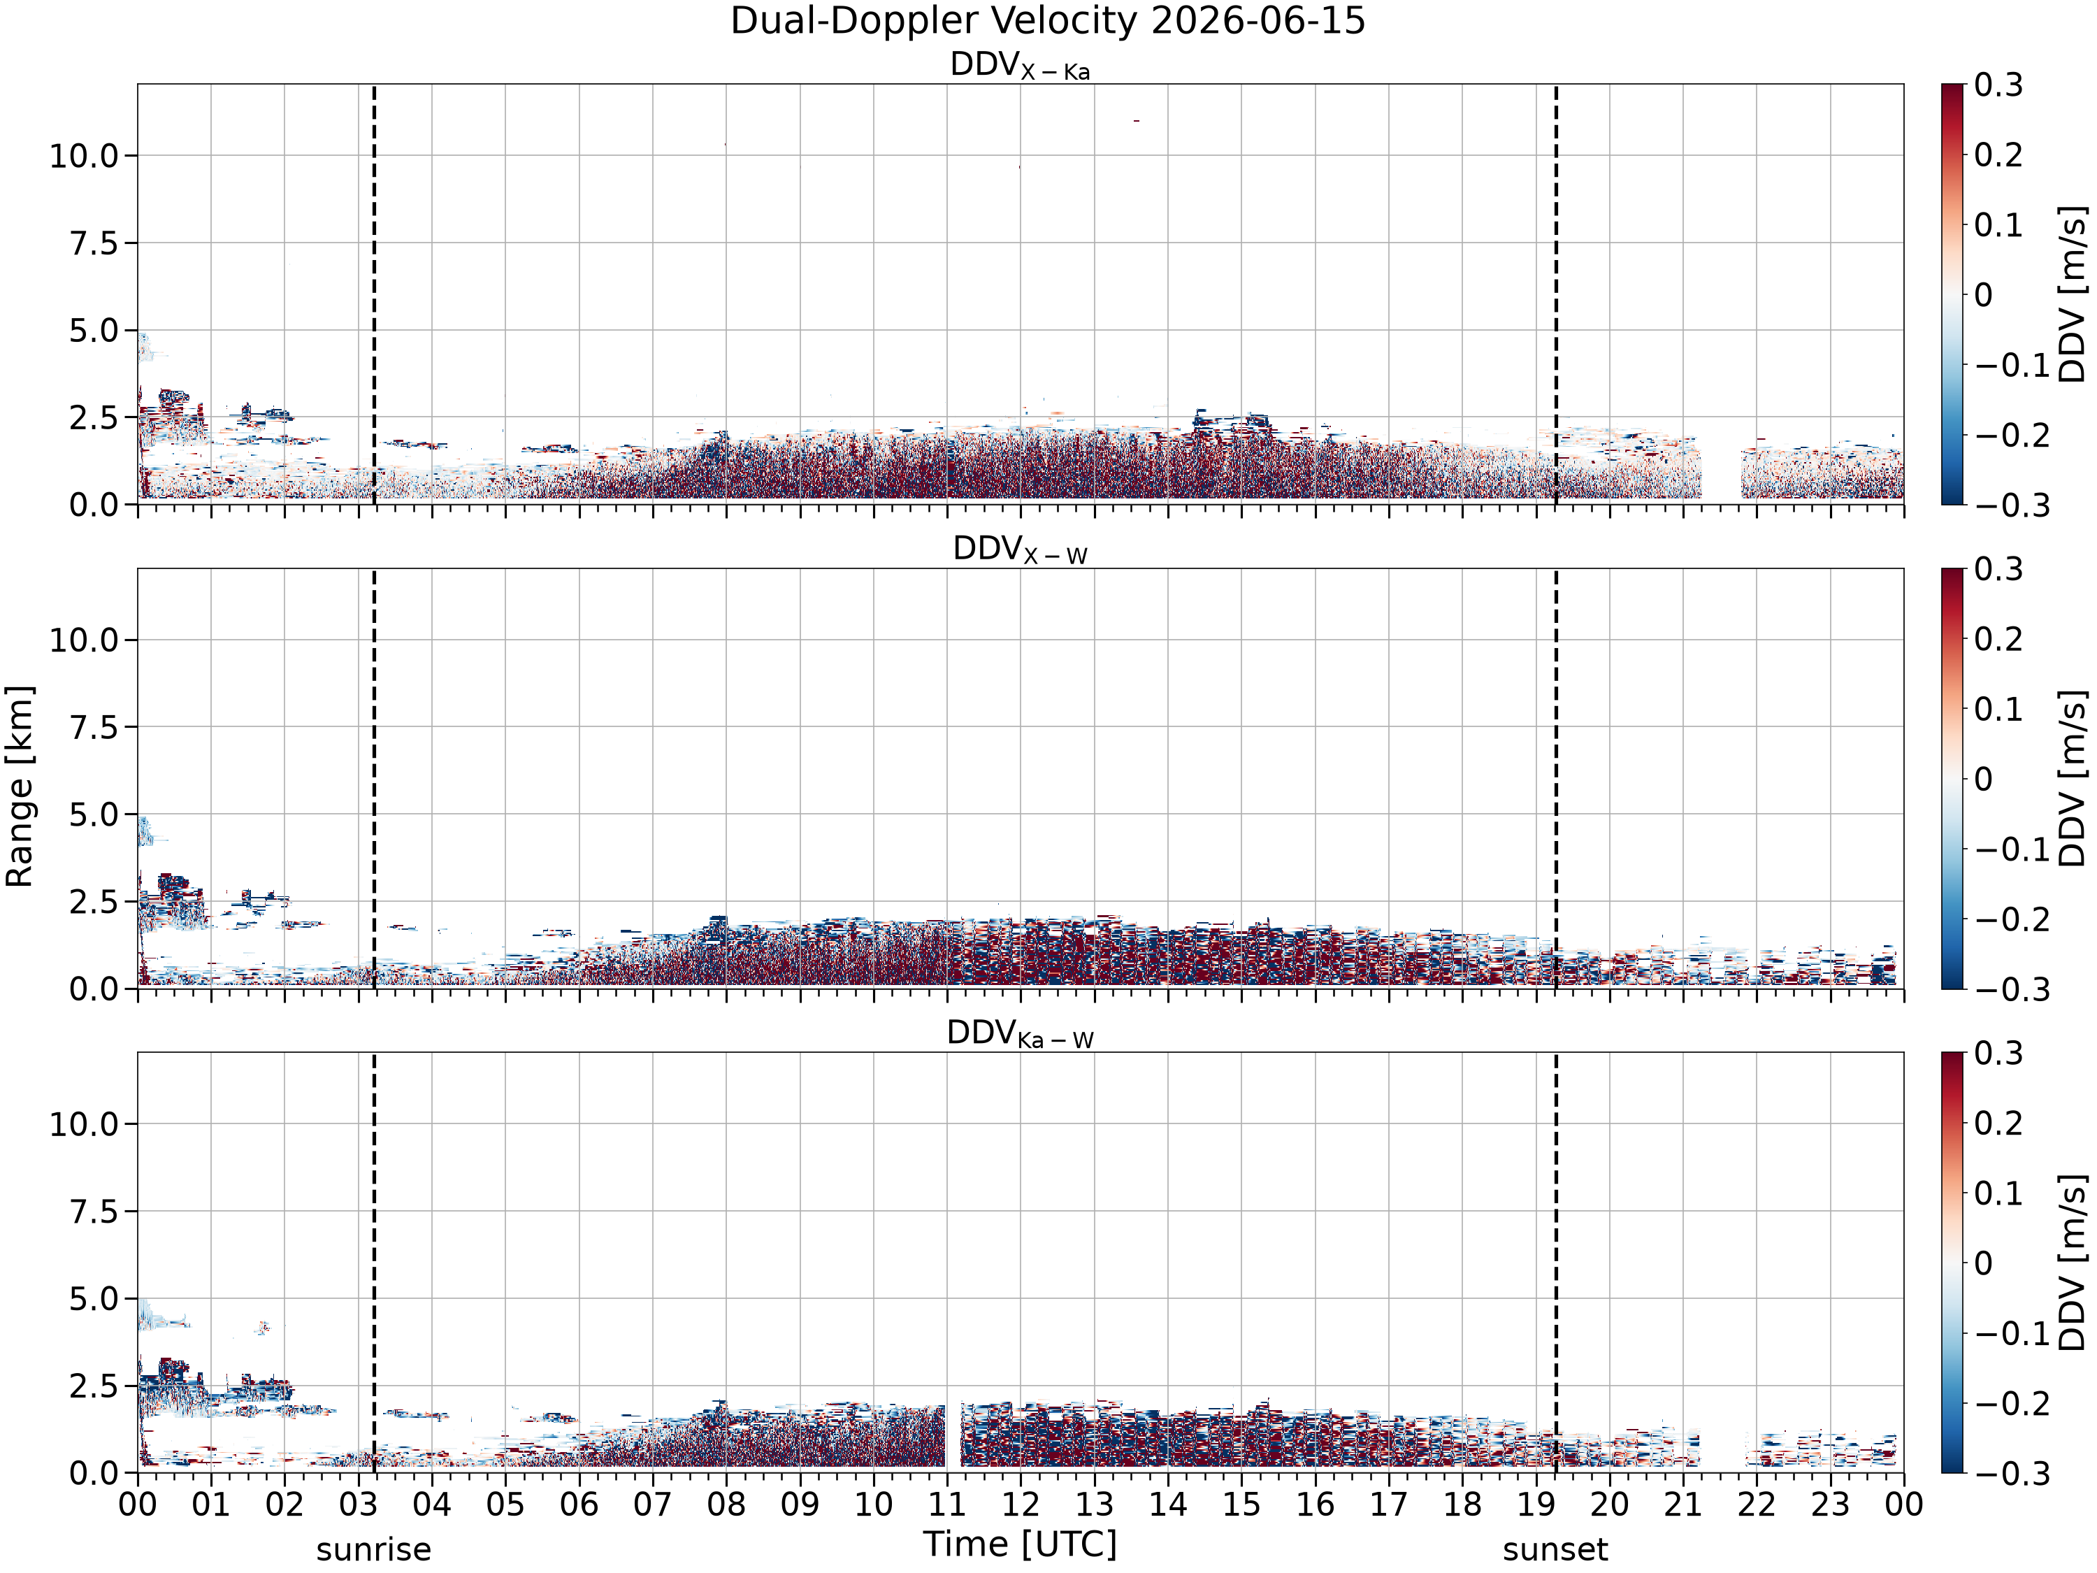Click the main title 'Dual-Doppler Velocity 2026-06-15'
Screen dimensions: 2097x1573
point(1048,21)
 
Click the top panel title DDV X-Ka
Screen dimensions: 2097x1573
point(1020,66)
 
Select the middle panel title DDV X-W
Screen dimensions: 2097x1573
point(1020,550)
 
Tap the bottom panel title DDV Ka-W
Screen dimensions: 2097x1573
point(1020,1033)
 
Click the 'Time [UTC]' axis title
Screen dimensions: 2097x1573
point(1020,1544)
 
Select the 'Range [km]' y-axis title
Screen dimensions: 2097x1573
point(20,786)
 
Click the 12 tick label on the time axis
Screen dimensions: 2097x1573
point(1020,1504)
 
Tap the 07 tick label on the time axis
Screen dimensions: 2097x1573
point(652,1504)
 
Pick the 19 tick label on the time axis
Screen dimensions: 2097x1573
point(1536,1504)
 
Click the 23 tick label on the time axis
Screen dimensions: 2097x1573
point(1830,1504)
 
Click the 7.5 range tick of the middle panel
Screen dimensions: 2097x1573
point(95,727)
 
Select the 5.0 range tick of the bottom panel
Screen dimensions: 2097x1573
point(95,1299)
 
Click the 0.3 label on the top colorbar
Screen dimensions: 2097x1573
point(1998,85)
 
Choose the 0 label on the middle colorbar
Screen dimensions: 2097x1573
point(1983,780)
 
